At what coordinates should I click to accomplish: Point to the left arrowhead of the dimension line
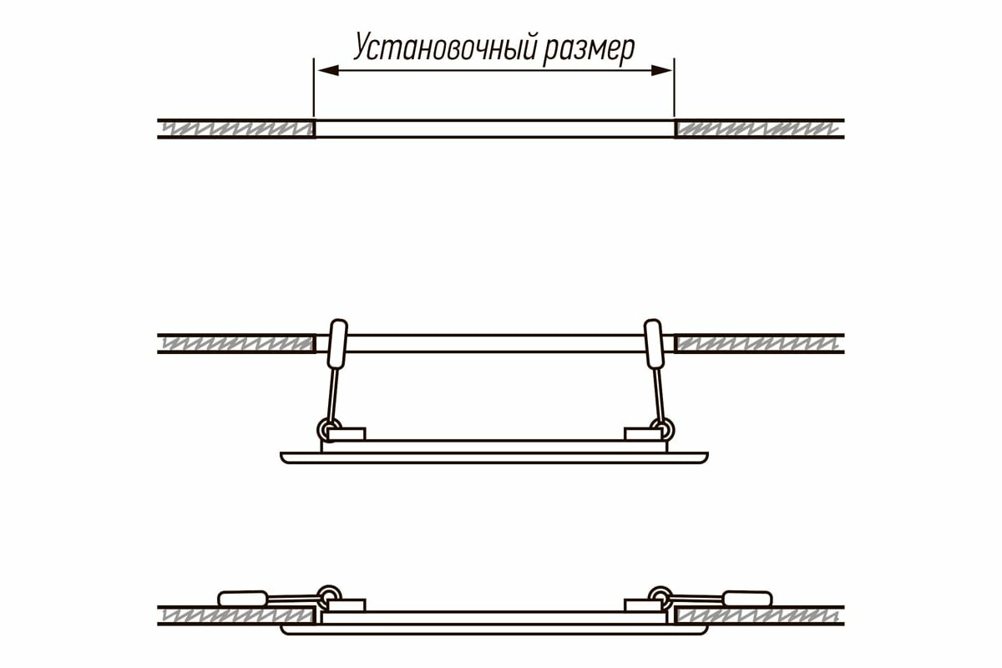[x=326, y=70]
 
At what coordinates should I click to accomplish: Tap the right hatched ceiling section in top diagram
[x=756, y=129]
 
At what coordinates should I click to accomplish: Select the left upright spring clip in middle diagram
[x=337, y=343]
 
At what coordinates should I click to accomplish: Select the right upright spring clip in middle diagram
[x=652, y=343]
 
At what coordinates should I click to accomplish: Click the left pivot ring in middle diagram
[x=324, y=429]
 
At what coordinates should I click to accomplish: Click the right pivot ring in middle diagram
[x=665, y=429]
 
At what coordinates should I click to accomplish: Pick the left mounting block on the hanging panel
[x=347, y=434]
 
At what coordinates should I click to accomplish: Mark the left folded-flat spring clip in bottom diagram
[x=242, y=598]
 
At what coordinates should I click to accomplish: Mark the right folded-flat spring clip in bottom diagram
[x=747, y=598]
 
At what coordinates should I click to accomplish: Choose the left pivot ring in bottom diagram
[x=329, y=594]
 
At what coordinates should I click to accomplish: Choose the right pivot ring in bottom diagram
[x=660, y=594]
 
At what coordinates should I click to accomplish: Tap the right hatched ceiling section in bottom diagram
[x=756, y=615]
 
